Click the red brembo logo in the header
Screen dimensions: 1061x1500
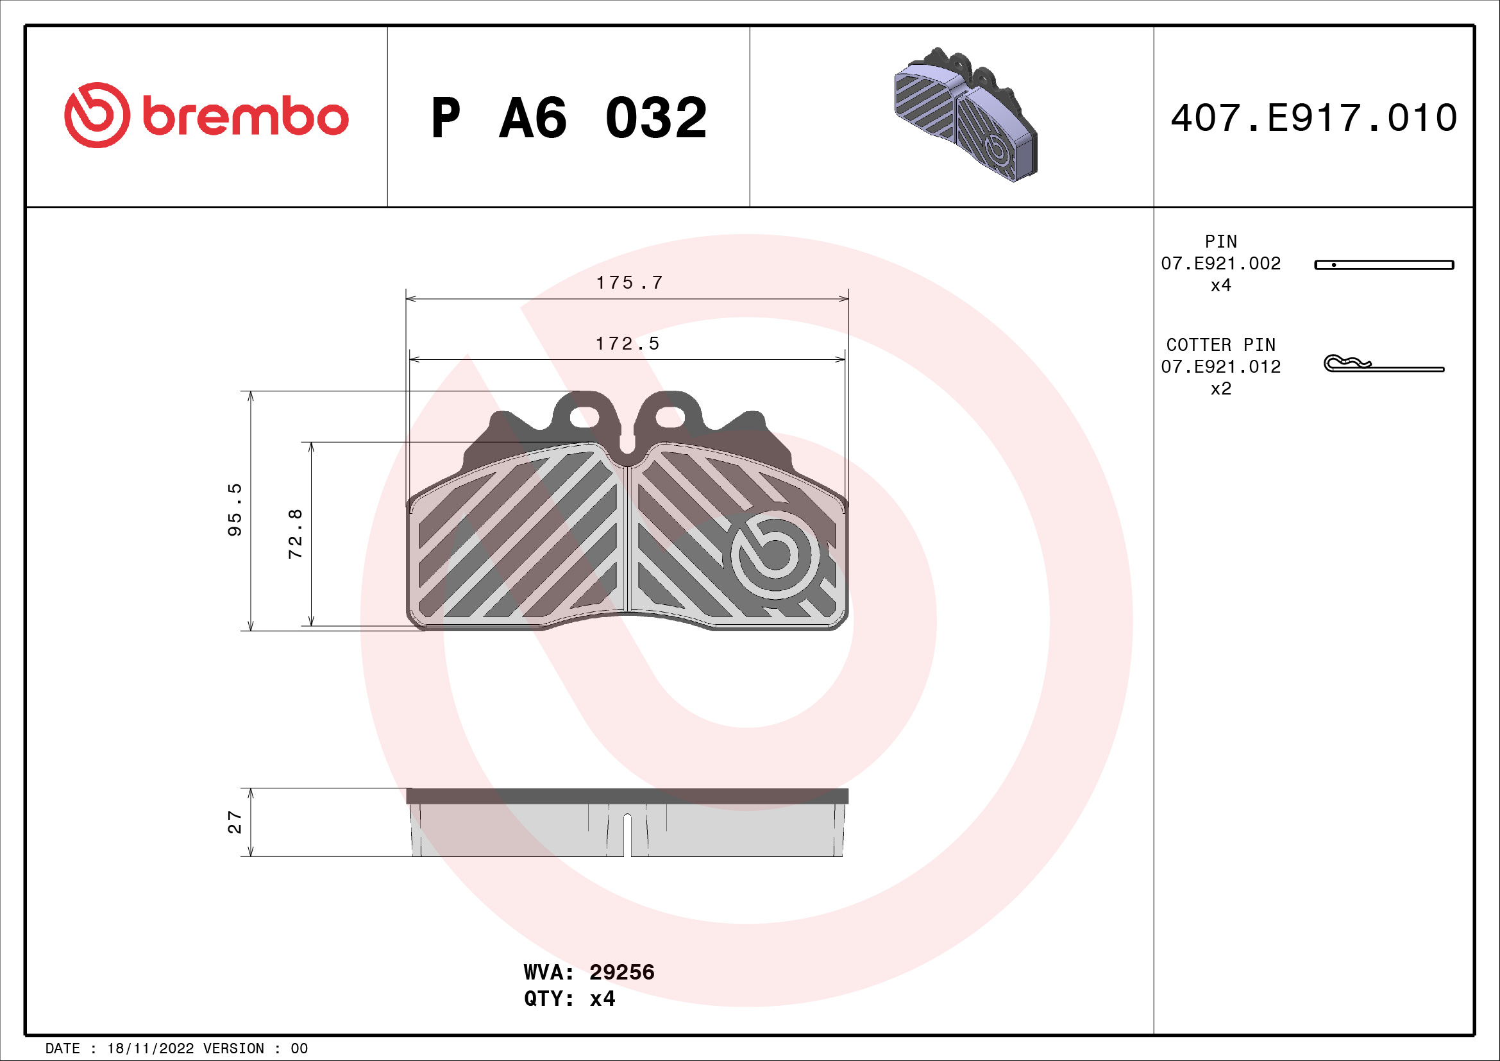206,115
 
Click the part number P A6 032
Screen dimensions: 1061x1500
568,118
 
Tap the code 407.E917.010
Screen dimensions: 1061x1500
1313,118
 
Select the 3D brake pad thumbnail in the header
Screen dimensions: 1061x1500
965,115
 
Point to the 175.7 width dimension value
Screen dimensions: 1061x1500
629,283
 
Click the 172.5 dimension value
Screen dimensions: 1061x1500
627,344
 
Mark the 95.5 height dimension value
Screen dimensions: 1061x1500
235,510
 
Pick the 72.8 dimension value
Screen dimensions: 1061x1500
295,533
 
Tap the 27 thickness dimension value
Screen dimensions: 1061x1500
235,822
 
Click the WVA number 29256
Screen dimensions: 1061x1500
621,972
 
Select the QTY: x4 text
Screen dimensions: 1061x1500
569,999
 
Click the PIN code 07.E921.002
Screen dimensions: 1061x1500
1220,263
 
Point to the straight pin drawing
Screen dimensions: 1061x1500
1384,264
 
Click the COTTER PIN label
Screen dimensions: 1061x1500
1220,345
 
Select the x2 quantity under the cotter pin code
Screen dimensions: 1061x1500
1220,389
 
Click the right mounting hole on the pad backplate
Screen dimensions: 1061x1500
670,417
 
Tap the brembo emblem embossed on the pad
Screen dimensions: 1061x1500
774,554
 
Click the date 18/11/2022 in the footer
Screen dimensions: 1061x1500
150,1049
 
